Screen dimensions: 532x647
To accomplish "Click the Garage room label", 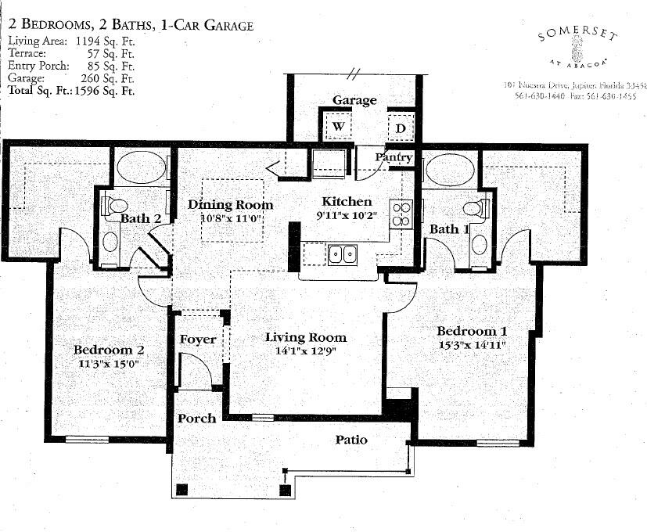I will (x=354, y=100).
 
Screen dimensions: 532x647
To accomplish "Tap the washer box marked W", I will (x=339, y=126).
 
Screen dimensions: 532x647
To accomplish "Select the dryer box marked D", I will (x=400, y=128).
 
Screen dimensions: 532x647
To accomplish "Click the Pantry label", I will (x=393, y=157).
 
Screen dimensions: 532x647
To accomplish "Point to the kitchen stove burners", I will (x=401, y=214).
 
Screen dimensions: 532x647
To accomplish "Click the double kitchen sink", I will (x=343, y=253).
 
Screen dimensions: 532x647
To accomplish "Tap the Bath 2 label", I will (x=141, y=218).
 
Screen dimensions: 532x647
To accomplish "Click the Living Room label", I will (x=305, y=337).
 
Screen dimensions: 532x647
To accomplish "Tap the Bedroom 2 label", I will (x=109, y=350).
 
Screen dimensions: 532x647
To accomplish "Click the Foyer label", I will (x=197, y=340).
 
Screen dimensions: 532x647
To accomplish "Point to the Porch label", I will (x=196, y=419).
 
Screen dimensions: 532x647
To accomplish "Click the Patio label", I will (x=351, y=440).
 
